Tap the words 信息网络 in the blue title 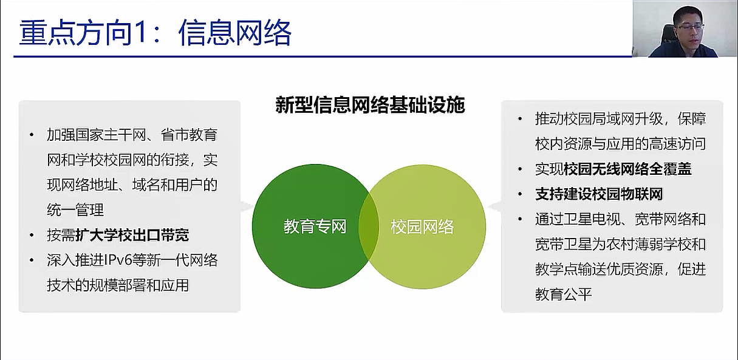coord(235,33)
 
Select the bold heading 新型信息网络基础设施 coord(370,105)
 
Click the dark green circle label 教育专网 coord(315,226)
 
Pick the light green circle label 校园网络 coord(422,227)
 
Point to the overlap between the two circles coord(369,226)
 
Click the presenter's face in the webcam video coord(687,30)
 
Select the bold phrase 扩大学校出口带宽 coord(132,235)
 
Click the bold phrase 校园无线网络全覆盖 coord(627,169)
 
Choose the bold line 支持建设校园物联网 coord(599,194)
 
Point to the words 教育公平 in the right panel coord(564,294)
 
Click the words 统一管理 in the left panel coord(75,210)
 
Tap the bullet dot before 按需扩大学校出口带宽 coord(32,235)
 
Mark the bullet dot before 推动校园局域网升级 coord(520,118)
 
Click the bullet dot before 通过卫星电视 coord(520,219)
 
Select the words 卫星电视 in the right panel coord(592,219)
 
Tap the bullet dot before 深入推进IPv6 coord(32,260)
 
